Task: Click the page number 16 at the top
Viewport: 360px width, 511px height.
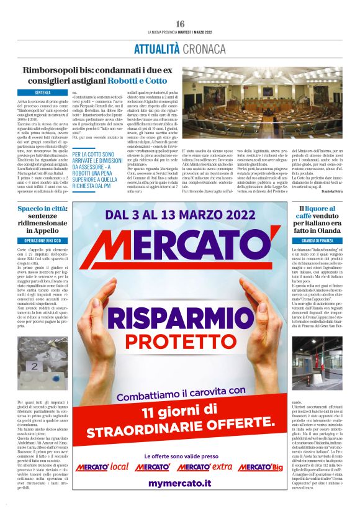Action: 180,24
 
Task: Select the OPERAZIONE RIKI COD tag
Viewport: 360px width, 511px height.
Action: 43,240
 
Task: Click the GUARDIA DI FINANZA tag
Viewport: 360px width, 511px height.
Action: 317,240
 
